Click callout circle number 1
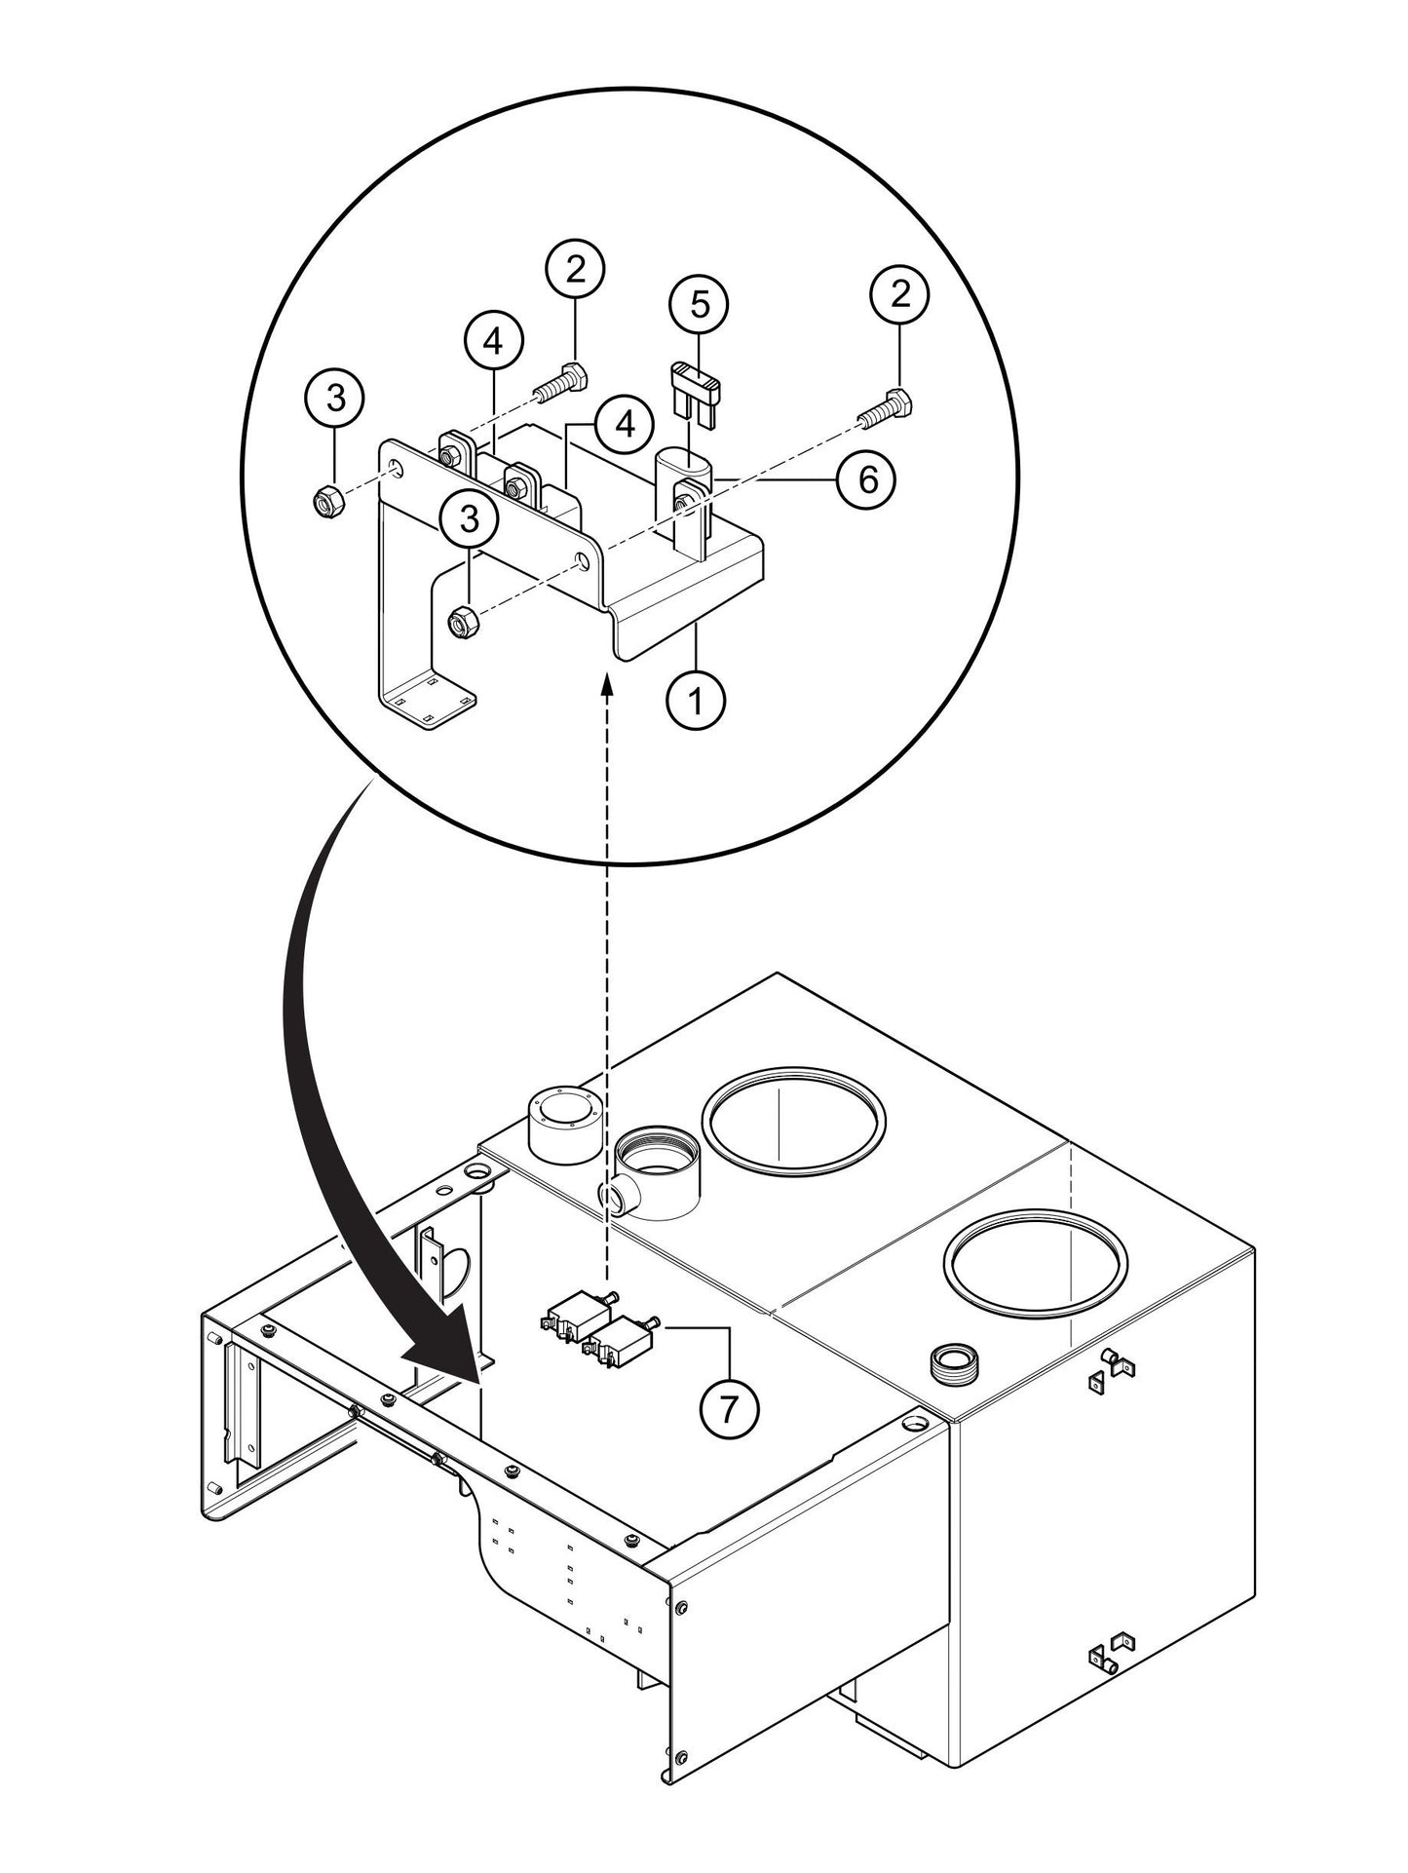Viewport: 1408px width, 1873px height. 696,700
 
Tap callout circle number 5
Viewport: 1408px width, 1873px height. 699,305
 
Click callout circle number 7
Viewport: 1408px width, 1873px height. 730,1408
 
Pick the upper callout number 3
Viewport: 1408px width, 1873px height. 334,398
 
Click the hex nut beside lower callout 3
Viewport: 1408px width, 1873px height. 461,621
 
